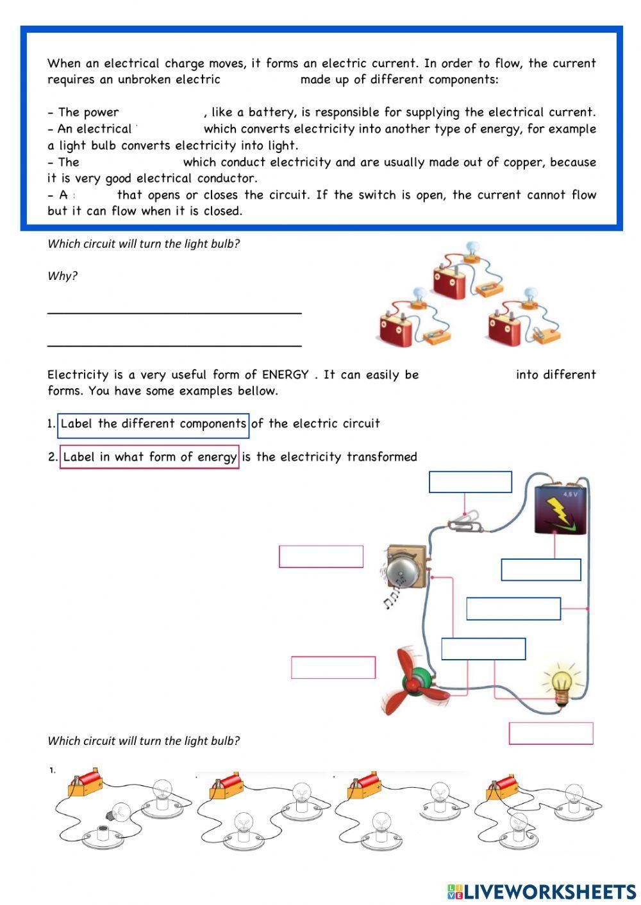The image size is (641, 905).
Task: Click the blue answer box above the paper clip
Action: point(470,482)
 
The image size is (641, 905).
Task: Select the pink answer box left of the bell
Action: point(320,556)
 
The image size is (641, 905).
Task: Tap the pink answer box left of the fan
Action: point(333,667)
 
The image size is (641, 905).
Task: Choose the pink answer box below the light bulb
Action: point(551,733)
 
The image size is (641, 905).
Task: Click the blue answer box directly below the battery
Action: point(540,569)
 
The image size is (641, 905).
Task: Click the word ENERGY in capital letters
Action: point(285,375)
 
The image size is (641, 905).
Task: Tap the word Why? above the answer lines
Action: point(62,276)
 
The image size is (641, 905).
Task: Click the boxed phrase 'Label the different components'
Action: point(153,424)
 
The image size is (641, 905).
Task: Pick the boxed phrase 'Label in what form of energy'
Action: point(149,457)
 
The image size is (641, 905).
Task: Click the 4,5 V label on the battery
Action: point(570,494)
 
